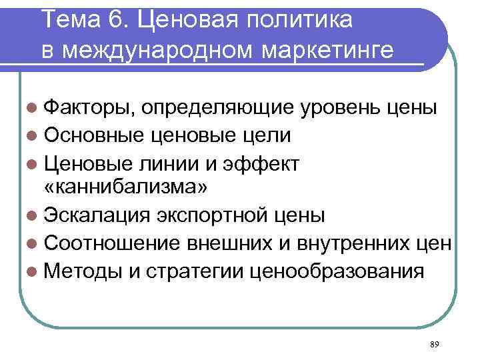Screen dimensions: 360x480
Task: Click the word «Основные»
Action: click(x=93, y=135)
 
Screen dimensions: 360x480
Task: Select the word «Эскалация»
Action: click(x=99, y=215)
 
